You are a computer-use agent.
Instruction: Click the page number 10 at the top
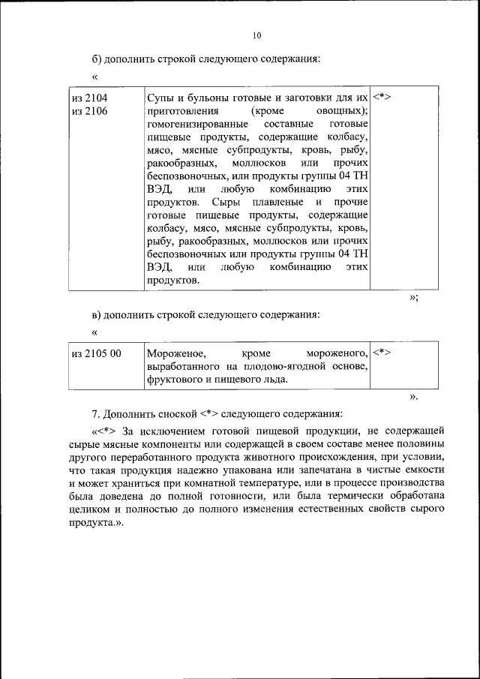257,35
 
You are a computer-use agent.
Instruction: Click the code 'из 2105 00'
96,352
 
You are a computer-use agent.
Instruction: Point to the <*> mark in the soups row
382,98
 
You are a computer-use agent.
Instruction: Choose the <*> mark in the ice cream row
382,351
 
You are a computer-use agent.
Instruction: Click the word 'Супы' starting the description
160,98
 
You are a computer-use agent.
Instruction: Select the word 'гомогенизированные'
192,125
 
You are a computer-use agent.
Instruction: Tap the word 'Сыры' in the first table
226,202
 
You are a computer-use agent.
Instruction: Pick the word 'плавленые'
277,202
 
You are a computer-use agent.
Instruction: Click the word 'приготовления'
179,111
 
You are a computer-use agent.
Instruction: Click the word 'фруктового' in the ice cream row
172,379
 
